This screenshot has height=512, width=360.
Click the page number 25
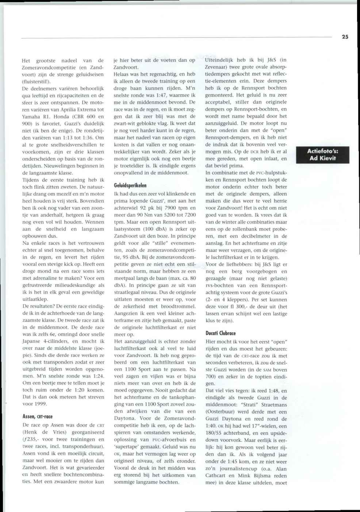[345, 37]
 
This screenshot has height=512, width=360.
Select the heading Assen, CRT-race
[38, 416]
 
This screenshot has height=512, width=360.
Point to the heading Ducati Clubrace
[221, 333]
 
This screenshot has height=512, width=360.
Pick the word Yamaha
[31, 116]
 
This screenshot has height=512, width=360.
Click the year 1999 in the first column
[41, 404]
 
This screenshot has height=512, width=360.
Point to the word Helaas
[122, 74]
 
